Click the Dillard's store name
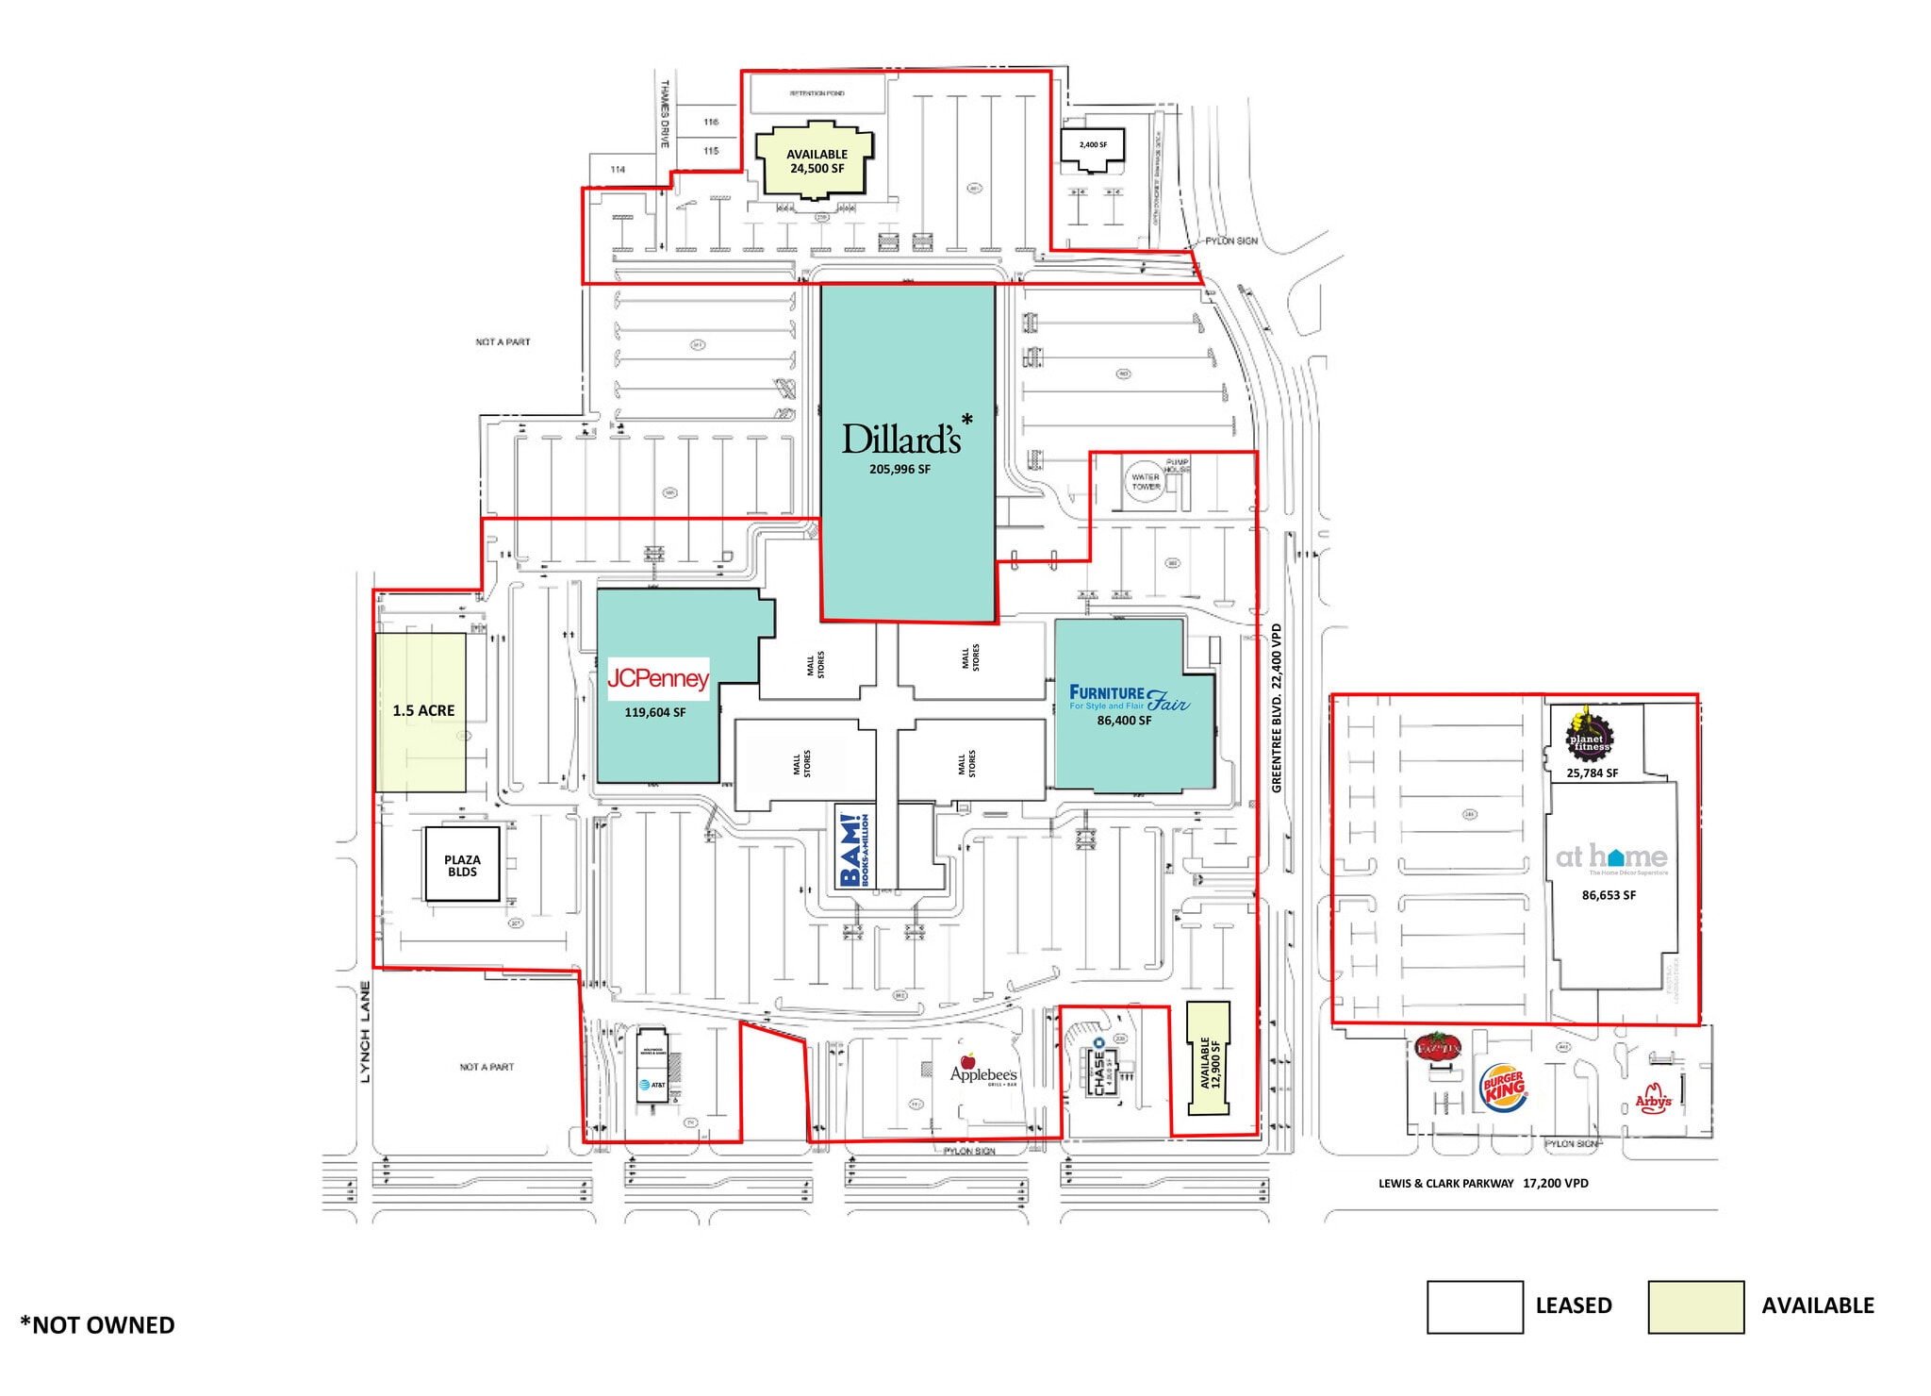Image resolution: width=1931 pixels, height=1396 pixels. (x=901, y=440)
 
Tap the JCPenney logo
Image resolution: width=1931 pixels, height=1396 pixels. (x=658, y=678)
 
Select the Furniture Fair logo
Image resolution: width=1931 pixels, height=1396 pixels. (x=1129, y=698)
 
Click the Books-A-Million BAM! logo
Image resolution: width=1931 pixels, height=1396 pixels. (x=855, y=850)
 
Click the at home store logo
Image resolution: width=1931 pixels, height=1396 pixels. (x=1611, y=857)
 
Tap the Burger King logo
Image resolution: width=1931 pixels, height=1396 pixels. (x=1504, y=1088)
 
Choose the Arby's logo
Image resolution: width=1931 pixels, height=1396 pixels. (x=1653, y=1098)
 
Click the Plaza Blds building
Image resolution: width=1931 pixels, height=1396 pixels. (x=462, y=865)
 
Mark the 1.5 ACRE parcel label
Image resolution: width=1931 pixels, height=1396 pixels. (x=423, y=711)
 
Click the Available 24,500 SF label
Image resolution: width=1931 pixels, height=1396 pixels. (x=817, y=161)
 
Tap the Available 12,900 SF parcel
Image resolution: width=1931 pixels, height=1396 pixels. (x=1209, y=1059)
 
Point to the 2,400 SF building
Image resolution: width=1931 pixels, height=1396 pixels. (x=1093, y=146)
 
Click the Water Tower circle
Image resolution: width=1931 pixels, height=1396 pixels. (x=1146, y=482)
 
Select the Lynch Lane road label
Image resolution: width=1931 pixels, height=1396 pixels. (x=365, y=1031)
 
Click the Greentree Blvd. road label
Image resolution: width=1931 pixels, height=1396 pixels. (x=1277, y=707)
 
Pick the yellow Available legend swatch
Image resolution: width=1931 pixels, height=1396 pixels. (x=1695, y=1306)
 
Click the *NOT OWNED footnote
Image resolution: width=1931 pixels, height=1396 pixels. (x=97, y=1325)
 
